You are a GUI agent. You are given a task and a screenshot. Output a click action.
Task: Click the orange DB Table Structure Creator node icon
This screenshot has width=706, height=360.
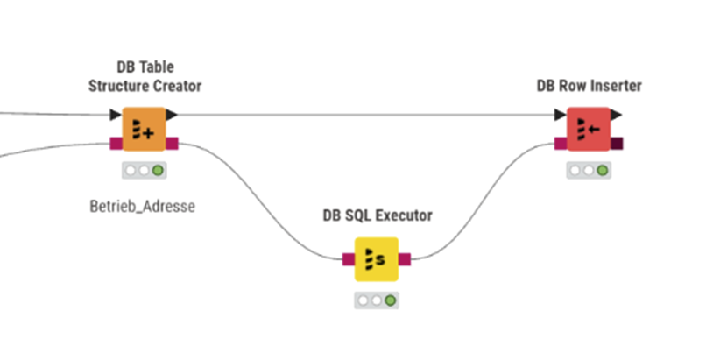[x=144, y=130]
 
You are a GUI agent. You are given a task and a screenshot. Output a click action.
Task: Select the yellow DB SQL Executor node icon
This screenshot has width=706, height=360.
[x=377, y=258]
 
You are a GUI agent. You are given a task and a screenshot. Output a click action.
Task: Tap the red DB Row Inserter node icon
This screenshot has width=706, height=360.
[x=589, y=130]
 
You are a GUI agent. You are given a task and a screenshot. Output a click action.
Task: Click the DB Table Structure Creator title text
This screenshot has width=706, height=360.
[x=145, y=76]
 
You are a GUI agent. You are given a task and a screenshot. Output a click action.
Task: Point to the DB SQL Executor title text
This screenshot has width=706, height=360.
[x=377, y=215]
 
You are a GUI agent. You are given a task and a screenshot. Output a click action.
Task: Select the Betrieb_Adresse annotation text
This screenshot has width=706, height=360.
[x=142, y=208]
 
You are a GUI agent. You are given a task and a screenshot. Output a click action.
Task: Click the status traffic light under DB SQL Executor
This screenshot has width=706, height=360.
[x=377, y=300]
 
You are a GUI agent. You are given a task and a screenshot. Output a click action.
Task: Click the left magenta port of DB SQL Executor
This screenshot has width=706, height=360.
[x=348, y=258]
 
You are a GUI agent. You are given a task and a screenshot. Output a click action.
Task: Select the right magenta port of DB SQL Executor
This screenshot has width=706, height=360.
[x=405, y=258]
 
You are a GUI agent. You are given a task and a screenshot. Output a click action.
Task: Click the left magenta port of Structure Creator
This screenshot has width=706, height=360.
[x=116, y=144]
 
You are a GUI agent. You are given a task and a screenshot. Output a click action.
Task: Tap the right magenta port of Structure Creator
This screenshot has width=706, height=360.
[x=173, y=144]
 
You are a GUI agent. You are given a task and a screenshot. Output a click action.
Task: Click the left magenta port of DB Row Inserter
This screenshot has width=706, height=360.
[x=561, y=144]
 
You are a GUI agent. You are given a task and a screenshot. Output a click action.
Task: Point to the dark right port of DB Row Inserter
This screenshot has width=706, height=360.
[x=618, y=144]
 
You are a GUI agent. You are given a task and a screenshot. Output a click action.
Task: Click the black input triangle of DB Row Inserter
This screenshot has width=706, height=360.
[x=560, y=115]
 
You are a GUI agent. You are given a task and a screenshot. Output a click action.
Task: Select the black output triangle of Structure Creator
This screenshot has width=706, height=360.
[x=172, y=115]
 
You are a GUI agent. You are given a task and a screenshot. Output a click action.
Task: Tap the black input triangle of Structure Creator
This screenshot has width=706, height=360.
[x=116, y=115]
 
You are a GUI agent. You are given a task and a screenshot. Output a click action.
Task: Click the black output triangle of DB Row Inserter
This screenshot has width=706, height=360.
[x=617, y=115]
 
